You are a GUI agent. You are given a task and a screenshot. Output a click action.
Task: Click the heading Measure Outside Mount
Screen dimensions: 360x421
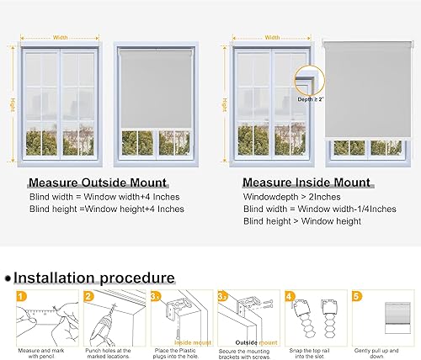pyautogui.click(x=97, y=182)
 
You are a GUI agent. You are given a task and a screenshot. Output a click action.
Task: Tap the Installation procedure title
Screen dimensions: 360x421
pyautogui.click(x=93, y=277)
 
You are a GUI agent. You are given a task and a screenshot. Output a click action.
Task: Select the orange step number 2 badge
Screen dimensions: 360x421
pyautogui.click(x=88, y=296)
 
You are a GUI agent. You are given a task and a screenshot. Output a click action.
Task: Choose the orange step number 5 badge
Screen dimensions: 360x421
pyautogui.click(x=358, y=296)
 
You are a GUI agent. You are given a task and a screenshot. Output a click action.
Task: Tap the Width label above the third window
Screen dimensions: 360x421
pyautogui.click(x=272, y=37)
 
